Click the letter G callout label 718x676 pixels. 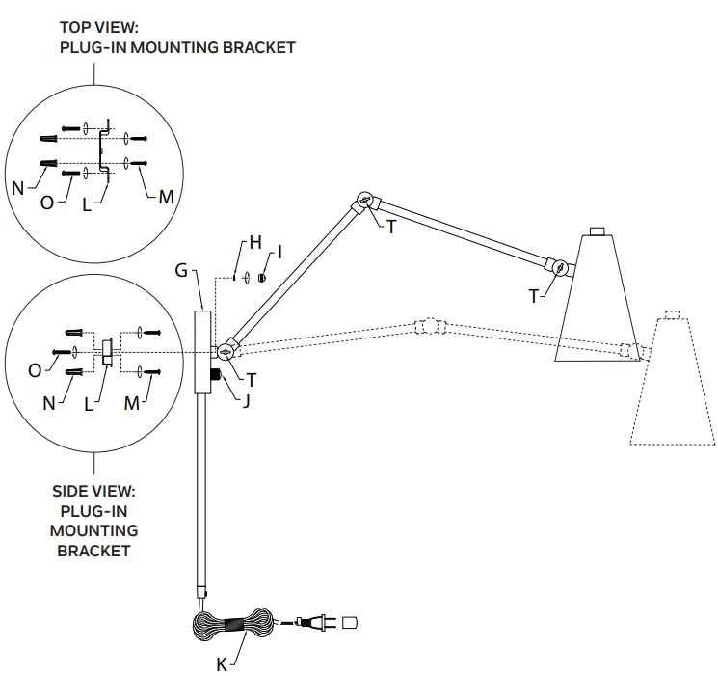tap(180, 272)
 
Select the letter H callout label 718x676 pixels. tap(254, 243)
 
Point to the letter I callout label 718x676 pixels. tap(279, 253)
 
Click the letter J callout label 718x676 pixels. tap(247, 400)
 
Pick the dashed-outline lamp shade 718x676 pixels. tap(672, 386)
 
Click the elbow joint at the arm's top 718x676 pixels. tap(363, 202)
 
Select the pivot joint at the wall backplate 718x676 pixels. tap(226, 351)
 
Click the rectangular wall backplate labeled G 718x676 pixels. tap(201, 351)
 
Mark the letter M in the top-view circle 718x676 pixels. tap(166, 197)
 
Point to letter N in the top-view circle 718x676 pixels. tap(18, 188)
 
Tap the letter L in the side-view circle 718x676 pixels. tap(90, 404)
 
